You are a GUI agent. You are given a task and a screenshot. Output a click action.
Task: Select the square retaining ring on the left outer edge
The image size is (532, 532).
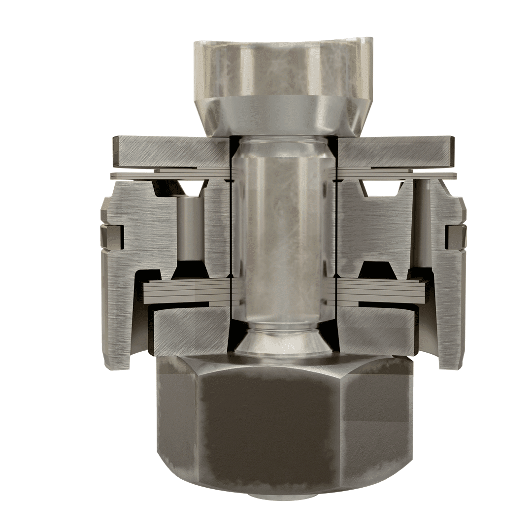pyautogui.click(x=111, y=236)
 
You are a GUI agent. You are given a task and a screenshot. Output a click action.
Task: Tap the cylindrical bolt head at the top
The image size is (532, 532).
pyautogui.click(x=283, y=69)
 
